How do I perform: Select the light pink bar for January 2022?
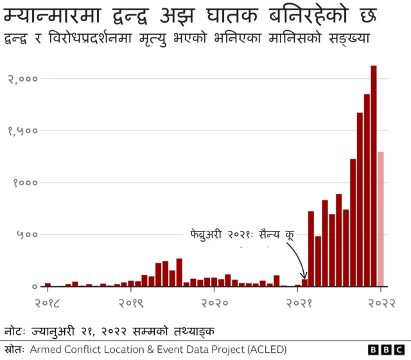click(x=381, y=219)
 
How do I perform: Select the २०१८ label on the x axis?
click(x=48, y=302)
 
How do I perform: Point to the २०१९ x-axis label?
click(x=131, y=302)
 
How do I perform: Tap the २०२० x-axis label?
click(x=214, y=302)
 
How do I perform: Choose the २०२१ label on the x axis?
click(x=297, y=302)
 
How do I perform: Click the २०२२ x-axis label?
click(x=381, y=302)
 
